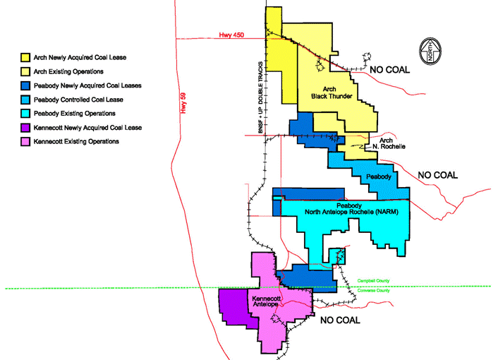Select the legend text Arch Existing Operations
(x=68, y=71)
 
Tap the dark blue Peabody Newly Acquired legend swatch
(x=26, y=85)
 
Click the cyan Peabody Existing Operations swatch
(x=26, y=113)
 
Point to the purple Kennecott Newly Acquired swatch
(x=26, y=128)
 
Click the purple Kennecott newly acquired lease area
(x=234, y=307)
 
